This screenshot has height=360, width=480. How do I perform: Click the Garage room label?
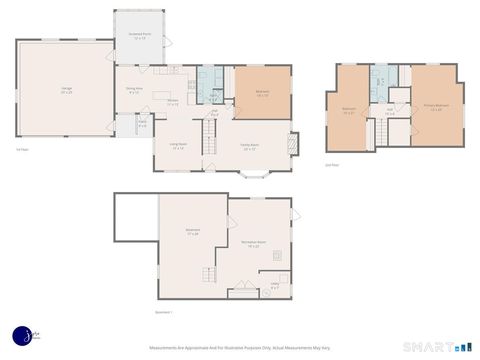coord(66,91)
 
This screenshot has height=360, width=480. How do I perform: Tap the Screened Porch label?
coord(139,36)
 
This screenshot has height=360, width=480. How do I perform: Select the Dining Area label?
coord(134,90)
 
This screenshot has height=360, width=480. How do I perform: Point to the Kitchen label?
coord(173,102)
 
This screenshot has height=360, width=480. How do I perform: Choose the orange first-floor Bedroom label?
coord(262,93)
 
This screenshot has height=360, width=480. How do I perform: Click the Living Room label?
coord(178,146)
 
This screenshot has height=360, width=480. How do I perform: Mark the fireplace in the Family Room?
coord(293,143)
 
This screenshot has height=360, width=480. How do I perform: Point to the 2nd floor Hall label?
coord(389,112)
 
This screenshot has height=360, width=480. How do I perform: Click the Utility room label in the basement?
coord(275,285)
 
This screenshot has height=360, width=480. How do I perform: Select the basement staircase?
coord(207,275)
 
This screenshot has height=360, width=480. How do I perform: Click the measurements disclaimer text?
coord(239,348)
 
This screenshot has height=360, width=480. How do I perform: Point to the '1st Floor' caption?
coord(21,150)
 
